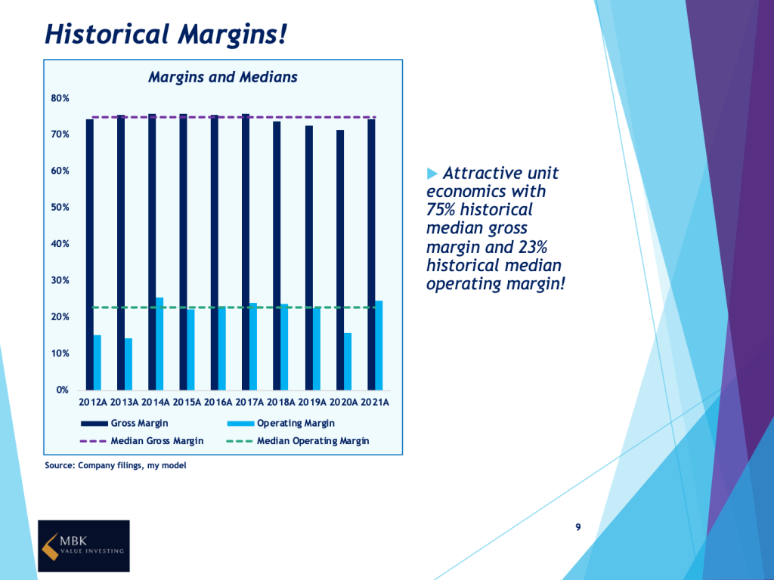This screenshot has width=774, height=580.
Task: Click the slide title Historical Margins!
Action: coord(166,34)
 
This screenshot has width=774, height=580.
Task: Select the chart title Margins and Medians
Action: coord(222,77)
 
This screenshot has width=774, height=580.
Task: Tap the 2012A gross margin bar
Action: coord(89,254)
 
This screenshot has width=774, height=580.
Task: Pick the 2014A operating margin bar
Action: coord(159,343)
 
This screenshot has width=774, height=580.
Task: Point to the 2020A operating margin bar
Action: coord(348,361)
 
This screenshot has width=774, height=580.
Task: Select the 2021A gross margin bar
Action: coord(371,254)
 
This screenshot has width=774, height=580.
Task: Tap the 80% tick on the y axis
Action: coord(60,98)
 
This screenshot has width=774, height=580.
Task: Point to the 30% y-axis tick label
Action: coord(60,281)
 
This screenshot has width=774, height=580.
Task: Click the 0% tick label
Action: coord(63,390)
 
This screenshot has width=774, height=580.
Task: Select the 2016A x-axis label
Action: coord(218,403)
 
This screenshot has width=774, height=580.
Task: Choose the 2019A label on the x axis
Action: coord(311,403)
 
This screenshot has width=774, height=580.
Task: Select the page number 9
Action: coord(578,527)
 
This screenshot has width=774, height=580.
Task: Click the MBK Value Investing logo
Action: coord(84,545)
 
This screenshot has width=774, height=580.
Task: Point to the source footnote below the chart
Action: coord(116,466)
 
